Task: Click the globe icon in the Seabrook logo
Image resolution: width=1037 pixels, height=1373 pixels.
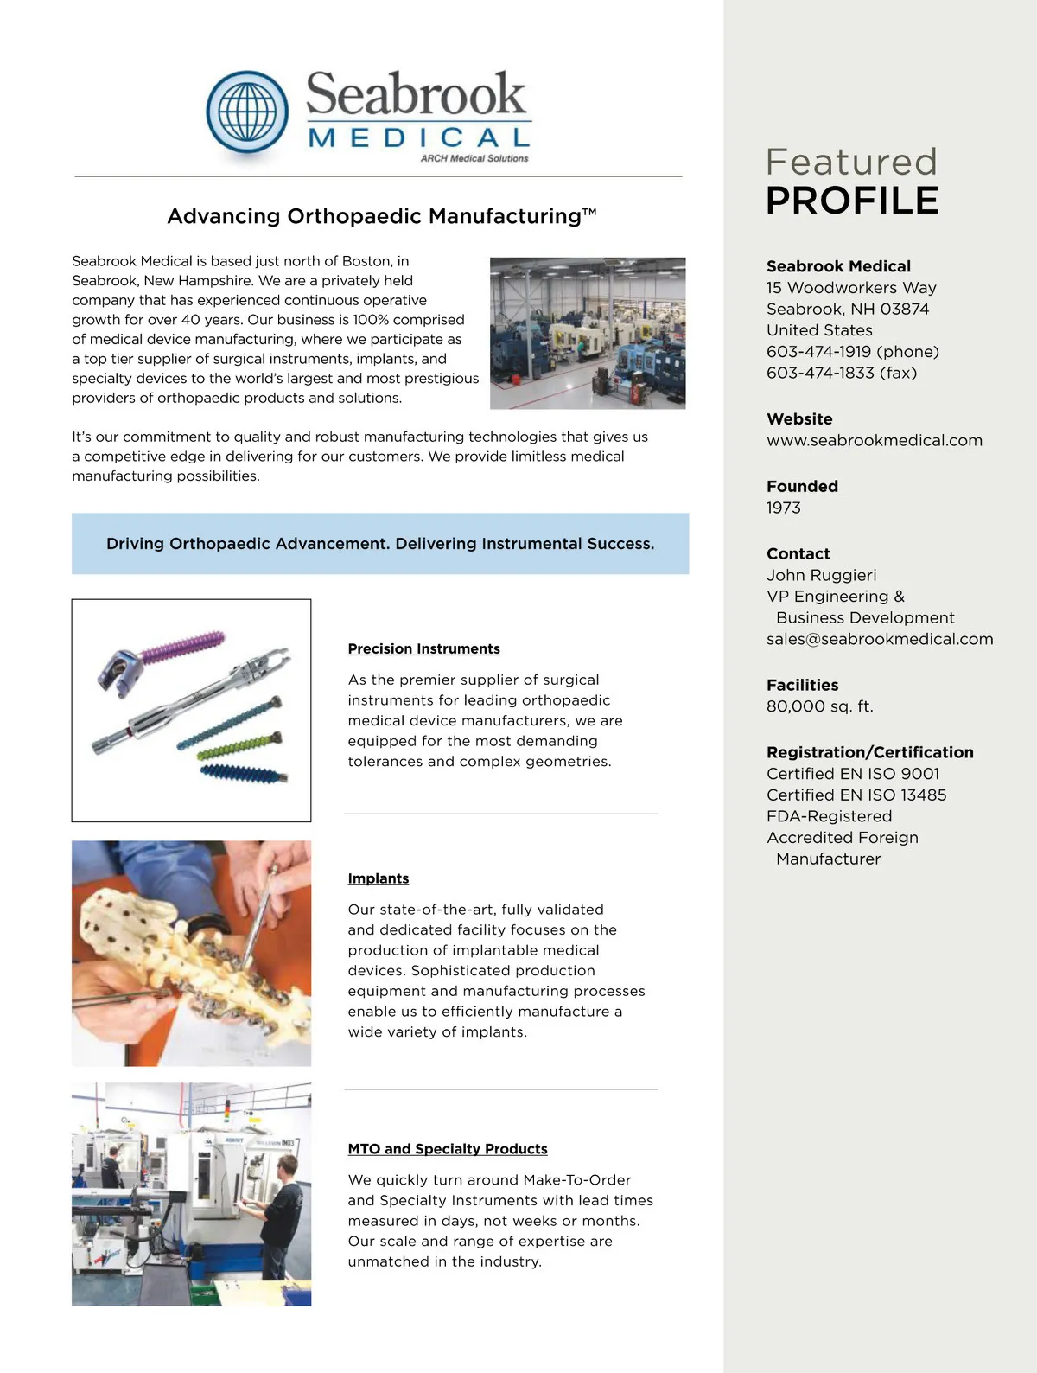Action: (247, 113)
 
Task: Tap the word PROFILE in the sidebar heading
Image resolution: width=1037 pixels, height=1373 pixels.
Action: (852, 201)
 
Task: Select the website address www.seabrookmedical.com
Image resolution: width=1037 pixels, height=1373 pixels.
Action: (874, 440)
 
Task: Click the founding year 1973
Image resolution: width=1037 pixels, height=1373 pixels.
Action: (783, 508)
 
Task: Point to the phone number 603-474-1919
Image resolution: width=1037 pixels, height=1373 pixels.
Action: (818, 351)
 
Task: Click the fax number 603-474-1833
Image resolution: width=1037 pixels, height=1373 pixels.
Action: (818, 373)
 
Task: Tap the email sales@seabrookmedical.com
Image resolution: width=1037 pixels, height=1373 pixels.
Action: (879, 639)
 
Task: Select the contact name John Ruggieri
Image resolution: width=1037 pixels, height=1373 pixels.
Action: (821, 575)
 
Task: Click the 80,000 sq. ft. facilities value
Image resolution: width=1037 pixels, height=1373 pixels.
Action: (819, 706)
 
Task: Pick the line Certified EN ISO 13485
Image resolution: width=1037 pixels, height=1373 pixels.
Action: (856, 795)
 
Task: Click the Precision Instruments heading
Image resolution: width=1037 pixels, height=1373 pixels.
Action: (423, 648)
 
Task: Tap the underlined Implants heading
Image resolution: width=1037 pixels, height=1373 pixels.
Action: (378, 878)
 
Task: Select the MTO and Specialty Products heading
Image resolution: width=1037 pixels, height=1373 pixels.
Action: (447, 1149)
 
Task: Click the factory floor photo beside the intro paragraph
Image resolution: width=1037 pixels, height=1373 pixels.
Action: (588, 333)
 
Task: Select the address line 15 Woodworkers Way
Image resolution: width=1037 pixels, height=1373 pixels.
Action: (850, 288)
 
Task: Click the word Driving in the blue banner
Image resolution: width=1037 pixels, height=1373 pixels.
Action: (135, 544)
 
